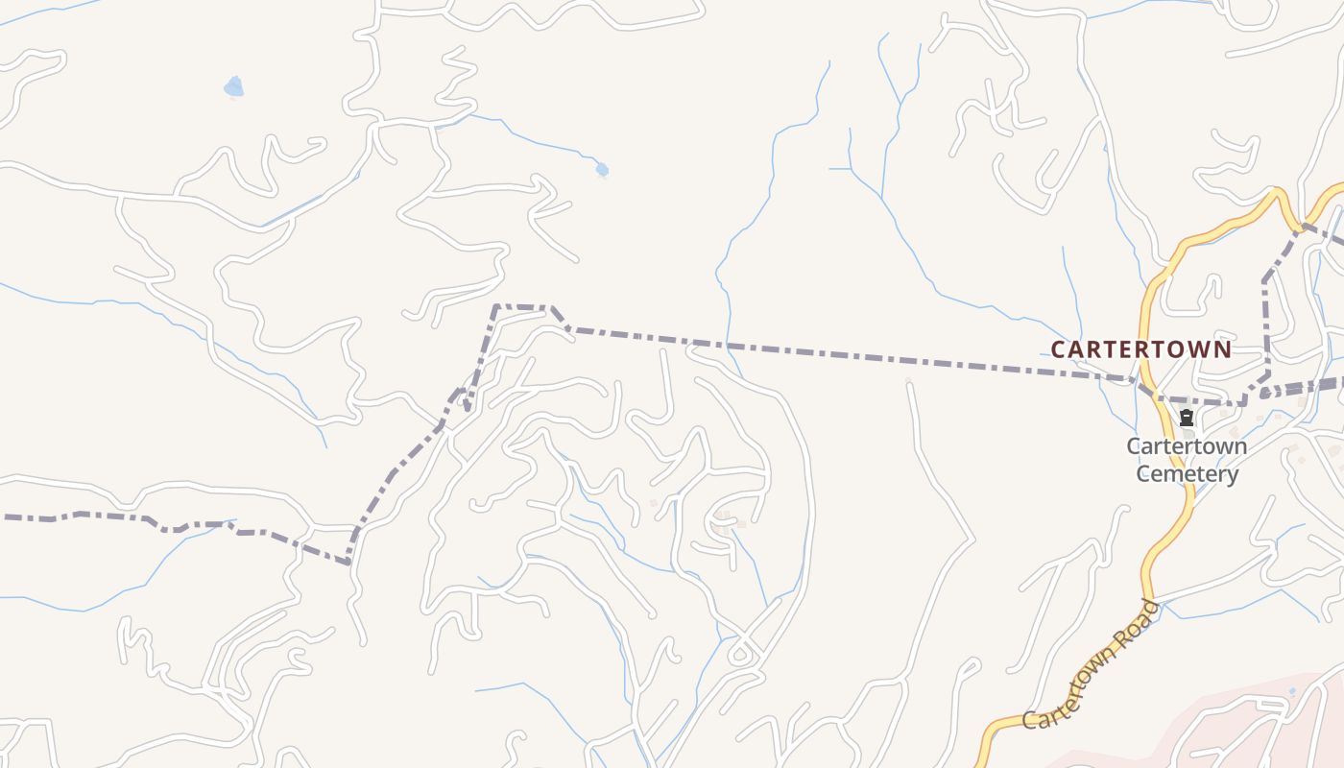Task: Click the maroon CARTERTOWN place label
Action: tap(1140, 349)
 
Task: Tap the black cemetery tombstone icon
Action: tap(1187, 418)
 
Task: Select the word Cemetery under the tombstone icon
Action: tap(1188, 473)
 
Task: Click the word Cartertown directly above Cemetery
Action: tap(1187, 446)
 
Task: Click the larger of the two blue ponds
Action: tap(233, 88)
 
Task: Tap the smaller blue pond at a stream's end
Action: tap(602, 170)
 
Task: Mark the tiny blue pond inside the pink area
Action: tap(1292, 691)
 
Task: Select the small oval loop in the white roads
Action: tap(739, 656)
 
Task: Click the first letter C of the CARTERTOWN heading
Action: tap(1058, 350)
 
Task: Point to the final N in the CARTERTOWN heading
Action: tap(1223, 349)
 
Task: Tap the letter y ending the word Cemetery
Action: tap(1233, 475)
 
